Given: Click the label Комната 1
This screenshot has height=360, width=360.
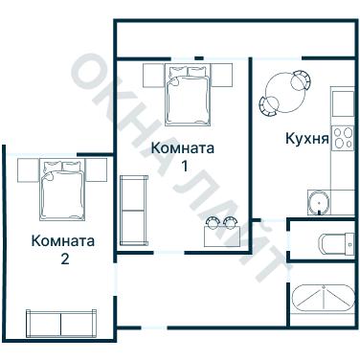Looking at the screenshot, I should click(x=182, y=156).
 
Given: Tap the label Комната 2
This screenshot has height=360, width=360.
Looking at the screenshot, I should click(x=63, y=249).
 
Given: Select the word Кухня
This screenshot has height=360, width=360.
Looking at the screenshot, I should click(x=307, y=138).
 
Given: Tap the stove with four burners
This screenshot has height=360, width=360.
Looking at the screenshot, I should click(x=342, y=142).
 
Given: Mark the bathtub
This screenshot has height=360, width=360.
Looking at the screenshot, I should click(x=323, y=301).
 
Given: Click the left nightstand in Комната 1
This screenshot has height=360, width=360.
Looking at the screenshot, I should click(x=153, y=74).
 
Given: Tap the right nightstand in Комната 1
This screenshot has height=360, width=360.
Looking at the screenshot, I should click(x=222, y=74).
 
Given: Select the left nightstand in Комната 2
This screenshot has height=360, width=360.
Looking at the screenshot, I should click(x=28, y=169).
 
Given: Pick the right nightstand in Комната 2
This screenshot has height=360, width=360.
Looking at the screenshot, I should click(x=97, y=169).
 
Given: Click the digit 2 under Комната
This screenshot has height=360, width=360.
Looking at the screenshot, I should click(x=64, y=259).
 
